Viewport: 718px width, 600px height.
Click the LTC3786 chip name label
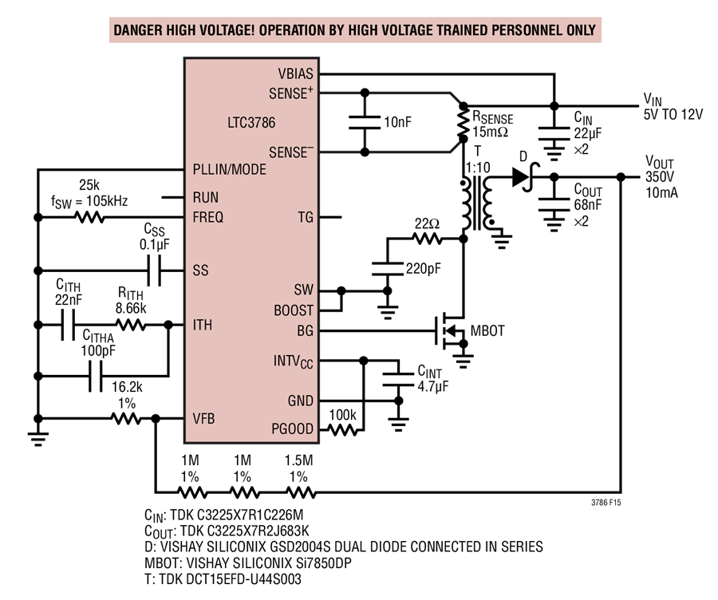pyautogui.click(x=251, y=123)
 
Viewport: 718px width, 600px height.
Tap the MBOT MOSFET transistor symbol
pyautogui.click(x=451, y=330)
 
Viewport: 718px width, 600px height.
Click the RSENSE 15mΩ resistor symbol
pyautogui.click(x=464, y=122)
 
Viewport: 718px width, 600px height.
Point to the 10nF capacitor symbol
pyautogui.click(x=365, y=122)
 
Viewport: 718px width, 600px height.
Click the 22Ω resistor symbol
pyautogui.click(x=428, y=239)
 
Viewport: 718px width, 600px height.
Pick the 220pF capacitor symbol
pyautogui.click(x=388, y=269)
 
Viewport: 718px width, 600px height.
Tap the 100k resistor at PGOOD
pyautogui.click(x=343, y=430)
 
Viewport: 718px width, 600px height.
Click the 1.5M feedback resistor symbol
pyautogui.click(x=301, y=493)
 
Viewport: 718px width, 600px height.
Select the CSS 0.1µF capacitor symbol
pyautogui.click(x=154, y=270)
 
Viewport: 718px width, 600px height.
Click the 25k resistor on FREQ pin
pyautogui.click(x=89, y=217)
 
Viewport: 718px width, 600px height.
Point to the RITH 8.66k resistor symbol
pyautogui.click(x=131, y=325)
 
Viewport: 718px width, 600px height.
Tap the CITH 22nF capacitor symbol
pyautogui.click(x=68, y=325)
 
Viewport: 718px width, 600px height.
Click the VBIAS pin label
pyautogui.click(x=295, y=73)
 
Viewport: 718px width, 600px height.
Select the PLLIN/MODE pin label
pyautogui.click(x=230, y=169)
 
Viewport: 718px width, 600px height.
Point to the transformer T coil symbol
pyautogui.click(x=477, y=203)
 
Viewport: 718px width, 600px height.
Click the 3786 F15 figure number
pyautogui.click(x=606, y=503)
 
